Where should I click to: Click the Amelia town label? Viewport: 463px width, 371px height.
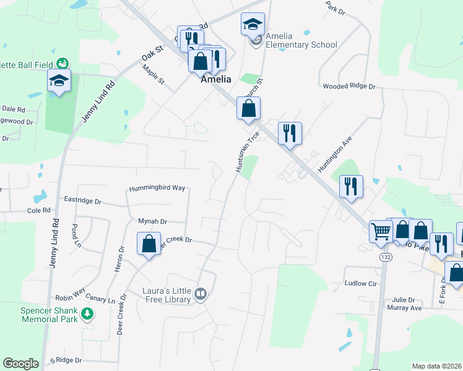(215, 79)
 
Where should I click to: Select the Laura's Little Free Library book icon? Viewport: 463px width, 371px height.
(200, 294)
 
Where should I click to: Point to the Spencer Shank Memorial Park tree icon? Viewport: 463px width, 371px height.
(88, 315)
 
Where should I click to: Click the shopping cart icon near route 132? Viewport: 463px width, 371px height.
(381, 231)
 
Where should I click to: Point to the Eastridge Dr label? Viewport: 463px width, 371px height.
(82, 201)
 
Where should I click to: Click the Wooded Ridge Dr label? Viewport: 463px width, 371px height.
(349, 87)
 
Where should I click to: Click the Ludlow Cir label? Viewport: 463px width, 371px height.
(360, 283)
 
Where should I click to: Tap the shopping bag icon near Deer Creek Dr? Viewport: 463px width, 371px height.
(149, 243)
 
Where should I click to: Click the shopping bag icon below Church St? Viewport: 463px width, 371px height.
(248, 108)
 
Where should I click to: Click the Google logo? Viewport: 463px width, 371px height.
(21, 364)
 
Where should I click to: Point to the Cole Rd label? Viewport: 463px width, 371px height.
(38, 210)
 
